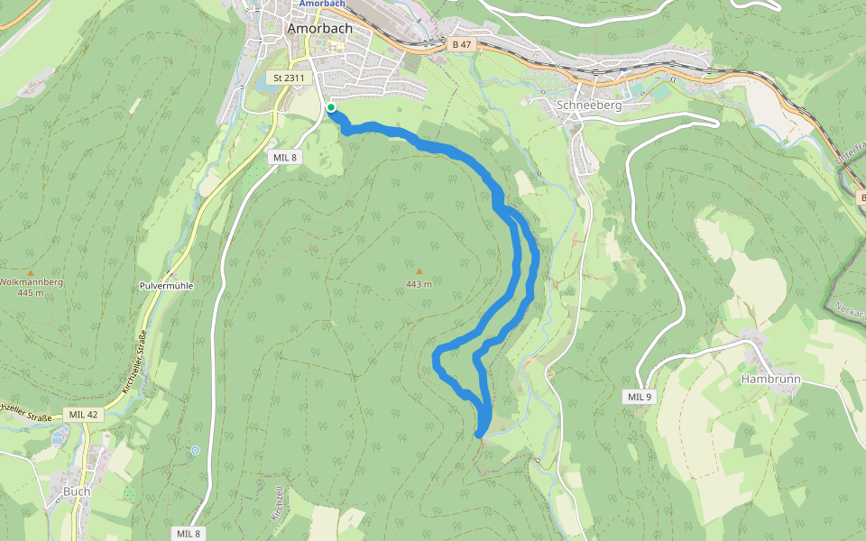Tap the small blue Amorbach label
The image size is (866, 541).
coord(323,4)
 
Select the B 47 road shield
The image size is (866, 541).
coord(461,44)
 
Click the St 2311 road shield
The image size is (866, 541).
coord(289,78)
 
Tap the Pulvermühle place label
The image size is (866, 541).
coord(167,286)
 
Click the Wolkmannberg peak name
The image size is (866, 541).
coord(30,282)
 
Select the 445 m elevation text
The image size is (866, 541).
coord(30,293)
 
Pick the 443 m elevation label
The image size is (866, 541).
coord(419,285)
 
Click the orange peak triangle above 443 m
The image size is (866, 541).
coord(419,270)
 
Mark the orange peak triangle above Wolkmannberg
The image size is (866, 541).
coord(31,271)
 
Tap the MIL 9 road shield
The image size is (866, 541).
coord(639,397)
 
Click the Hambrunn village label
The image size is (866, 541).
coord(770,380)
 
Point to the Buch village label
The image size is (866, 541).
coord(77,491)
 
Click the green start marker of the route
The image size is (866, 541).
coord(331,108)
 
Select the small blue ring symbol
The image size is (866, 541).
coord(195,449)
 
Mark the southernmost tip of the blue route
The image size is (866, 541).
coord(479,436)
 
